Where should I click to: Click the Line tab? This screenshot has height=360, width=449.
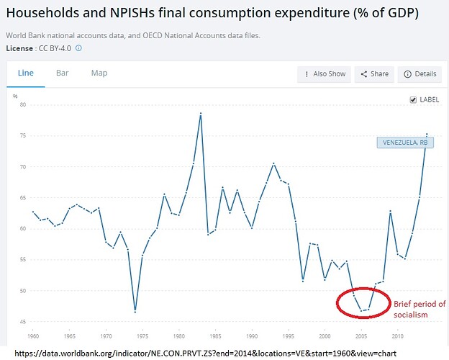pos(25,73)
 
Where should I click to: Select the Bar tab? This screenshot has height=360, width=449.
pos(63,73)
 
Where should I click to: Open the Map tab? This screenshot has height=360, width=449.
pos(99,73)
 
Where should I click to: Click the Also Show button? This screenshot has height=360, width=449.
pos(325,74)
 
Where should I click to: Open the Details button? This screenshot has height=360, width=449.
pos(420,74)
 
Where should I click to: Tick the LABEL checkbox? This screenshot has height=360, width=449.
pos(412,100)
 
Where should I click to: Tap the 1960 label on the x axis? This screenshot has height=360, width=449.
pos(32,336)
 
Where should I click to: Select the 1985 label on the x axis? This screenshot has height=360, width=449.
pos(215,336)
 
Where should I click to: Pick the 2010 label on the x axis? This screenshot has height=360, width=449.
pos(398,336)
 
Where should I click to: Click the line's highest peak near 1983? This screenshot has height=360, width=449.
pos(201,114)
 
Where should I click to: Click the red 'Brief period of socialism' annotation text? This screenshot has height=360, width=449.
pos(419,310)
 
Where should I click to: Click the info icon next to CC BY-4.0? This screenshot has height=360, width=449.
pos(79,48)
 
